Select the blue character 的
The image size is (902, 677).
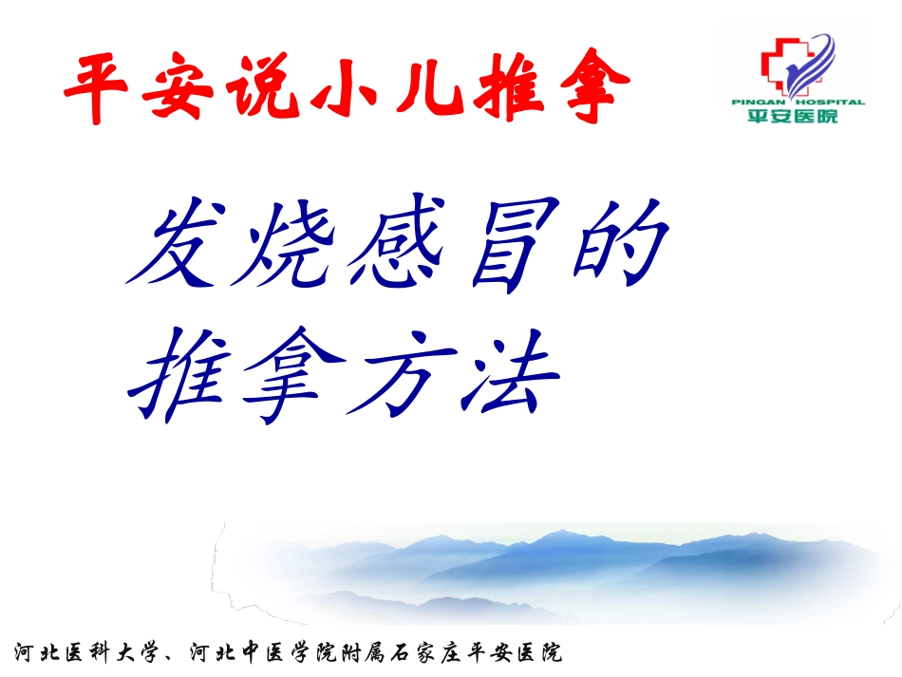(617, 247)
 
